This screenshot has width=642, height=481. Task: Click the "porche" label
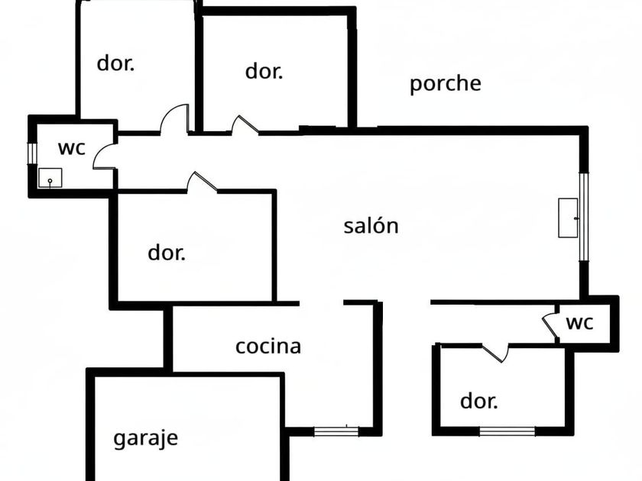[445, 84]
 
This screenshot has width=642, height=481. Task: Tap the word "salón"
[371, 226]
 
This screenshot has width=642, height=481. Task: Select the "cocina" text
[267, 347]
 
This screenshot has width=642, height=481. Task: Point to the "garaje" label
[145, 438]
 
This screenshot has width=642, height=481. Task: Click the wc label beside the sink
[71, 147]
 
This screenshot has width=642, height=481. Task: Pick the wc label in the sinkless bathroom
[579, 323]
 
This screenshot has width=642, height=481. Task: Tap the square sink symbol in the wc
[50, 178]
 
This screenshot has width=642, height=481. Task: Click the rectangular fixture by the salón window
[568, 218]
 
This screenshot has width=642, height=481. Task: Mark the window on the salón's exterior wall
[584, 217]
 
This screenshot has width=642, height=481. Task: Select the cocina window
[337, 431]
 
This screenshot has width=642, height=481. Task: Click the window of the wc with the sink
[32, 153]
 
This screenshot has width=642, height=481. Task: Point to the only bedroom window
[507, 431]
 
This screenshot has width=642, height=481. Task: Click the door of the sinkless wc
[550, 324]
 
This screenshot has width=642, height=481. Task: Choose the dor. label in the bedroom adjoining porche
[264, 72]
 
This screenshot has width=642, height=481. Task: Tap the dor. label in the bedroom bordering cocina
[166, 253]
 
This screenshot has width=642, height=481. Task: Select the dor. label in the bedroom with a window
[478, 401]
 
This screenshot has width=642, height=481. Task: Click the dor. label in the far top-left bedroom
[115, 63]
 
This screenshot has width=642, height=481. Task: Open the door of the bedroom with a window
[495, 351]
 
